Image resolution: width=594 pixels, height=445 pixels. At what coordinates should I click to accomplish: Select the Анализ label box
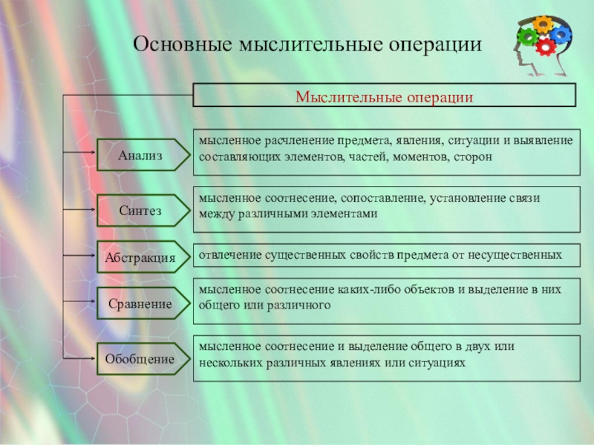[x=140, y=154]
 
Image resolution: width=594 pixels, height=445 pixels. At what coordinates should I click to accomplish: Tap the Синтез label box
[x=140, y=211]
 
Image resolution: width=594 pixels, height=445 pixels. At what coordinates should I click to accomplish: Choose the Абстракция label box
[x=140, y=257]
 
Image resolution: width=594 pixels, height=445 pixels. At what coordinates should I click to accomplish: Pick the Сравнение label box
[x=140, y=303]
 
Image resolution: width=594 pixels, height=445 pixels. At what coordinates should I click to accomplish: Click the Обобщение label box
[x=140, y=360]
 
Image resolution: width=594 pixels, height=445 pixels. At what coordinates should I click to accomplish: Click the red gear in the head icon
[x=546, y=47]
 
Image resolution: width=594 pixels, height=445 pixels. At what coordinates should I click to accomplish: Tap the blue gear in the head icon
[x=561, y=33]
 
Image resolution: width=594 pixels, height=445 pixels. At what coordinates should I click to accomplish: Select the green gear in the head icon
[x=529, y=36]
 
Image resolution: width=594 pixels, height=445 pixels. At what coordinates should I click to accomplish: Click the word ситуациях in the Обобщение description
[x=438, y=362]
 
